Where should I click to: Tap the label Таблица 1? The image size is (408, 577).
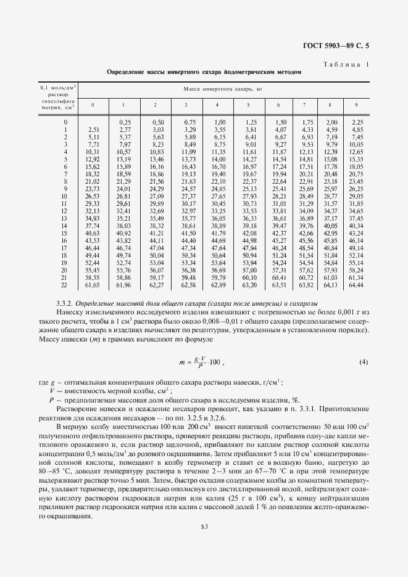point(345,64)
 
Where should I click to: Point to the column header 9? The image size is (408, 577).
point(356,104)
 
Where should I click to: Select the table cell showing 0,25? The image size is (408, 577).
point(125,122)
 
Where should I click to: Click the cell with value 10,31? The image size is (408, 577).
point(93,152)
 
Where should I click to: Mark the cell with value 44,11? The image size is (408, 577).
point(156,240)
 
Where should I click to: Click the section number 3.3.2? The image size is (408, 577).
point(64,304)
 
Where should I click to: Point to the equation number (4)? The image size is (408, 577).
point(364,361)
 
